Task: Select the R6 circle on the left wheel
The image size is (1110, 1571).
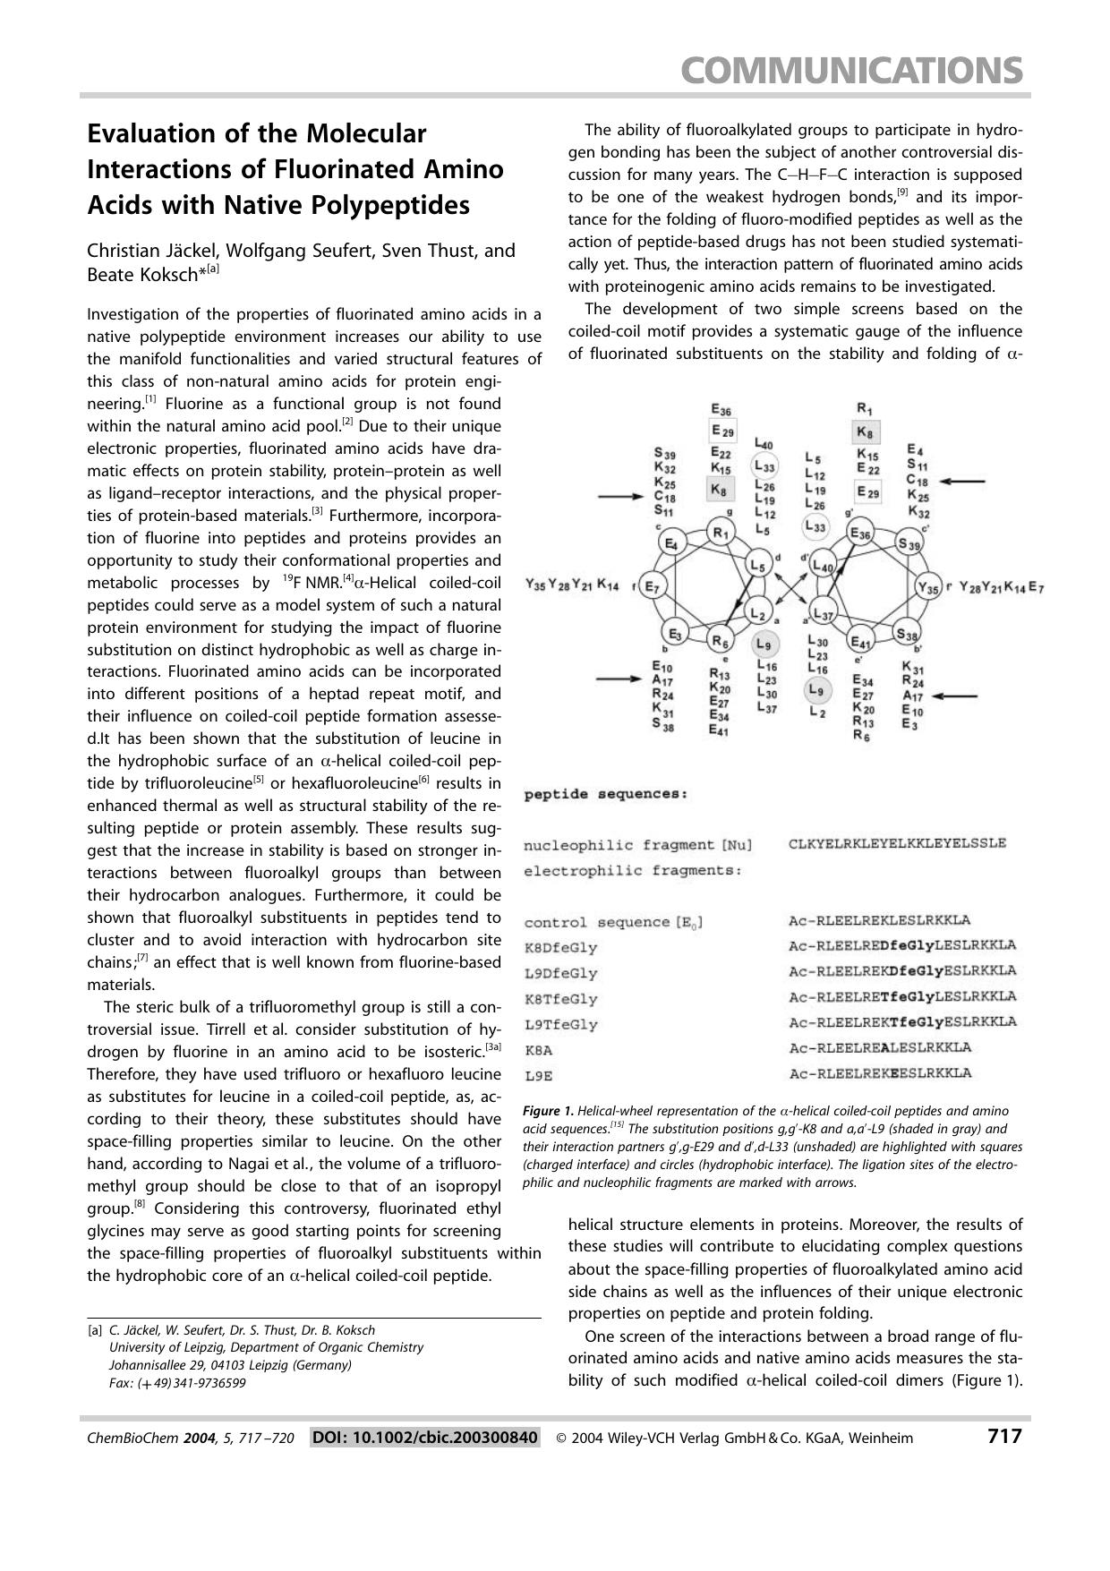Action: (x=721, y=641)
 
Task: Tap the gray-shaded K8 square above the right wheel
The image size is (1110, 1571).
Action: (x=866, y=433)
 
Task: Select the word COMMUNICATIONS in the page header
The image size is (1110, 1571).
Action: (x=851, y=70)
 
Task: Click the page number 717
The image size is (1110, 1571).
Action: (x=1003, y=1437)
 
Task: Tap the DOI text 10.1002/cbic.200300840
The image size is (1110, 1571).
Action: (x=425, y=1438)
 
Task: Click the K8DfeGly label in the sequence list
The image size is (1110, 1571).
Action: (x=560, y=947)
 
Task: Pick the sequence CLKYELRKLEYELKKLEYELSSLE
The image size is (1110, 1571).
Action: (x=897, y=842)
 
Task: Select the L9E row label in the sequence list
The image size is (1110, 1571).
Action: (x=536, y=1075)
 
